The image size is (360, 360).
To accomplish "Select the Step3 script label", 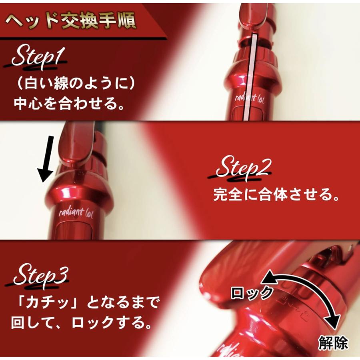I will coord(40,275).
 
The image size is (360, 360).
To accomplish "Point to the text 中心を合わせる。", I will coord(68,103).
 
